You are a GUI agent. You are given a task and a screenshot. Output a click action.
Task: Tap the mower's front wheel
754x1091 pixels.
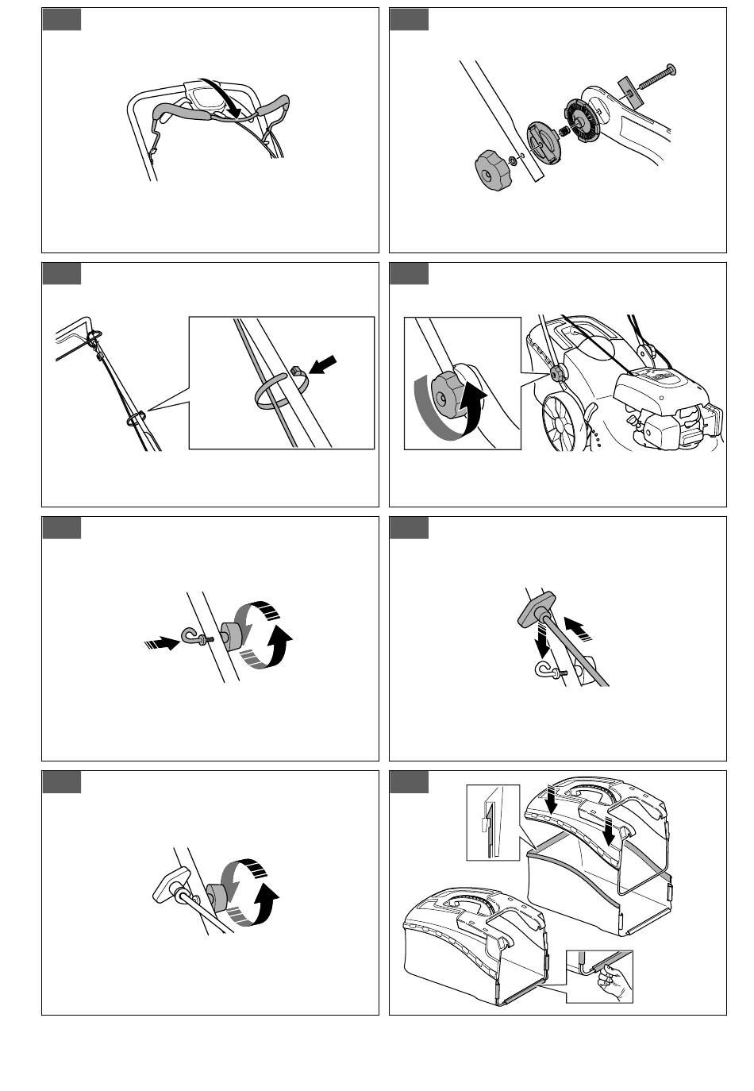coord(564,424)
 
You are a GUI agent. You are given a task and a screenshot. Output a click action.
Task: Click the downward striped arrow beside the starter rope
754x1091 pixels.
coord(543,638)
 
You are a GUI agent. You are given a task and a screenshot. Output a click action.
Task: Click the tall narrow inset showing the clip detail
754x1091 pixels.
coord(492,822)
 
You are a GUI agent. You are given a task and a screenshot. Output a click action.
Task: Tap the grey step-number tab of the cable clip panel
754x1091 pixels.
coord(61,273)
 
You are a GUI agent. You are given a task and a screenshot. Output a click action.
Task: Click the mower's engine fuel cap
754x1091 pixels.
coord(654,429)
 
